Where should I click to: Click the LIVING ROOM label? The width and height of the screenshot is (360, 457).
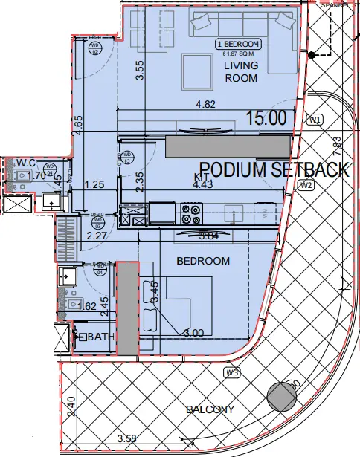[x=241, y=71]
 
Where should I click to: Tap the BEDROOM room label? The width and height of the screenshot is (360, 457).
[x=202, y=261]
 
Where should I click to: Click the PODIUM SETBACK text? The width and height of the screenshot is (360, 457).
[x=274, y=169]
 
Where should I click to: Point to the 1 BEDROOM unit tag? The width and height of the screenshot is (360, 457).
[x=237, y=44]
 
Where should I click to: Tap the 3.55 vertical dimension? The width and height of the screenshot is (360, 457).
[x=138, y=69]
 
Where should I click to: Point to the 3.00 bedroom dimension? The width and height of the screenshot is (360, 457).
[x=193, y=333]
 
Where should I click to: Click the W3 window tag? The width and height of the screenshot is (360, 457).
[x=232, y=372]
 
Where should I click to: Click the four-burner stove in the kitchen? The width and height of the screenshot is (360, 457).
[x=190, y=214]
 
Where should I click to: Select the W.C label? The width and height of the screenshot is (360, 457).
[x=27, y=162]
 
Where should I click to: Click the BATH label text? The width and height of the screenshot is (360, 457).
[x=103, y=337]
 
